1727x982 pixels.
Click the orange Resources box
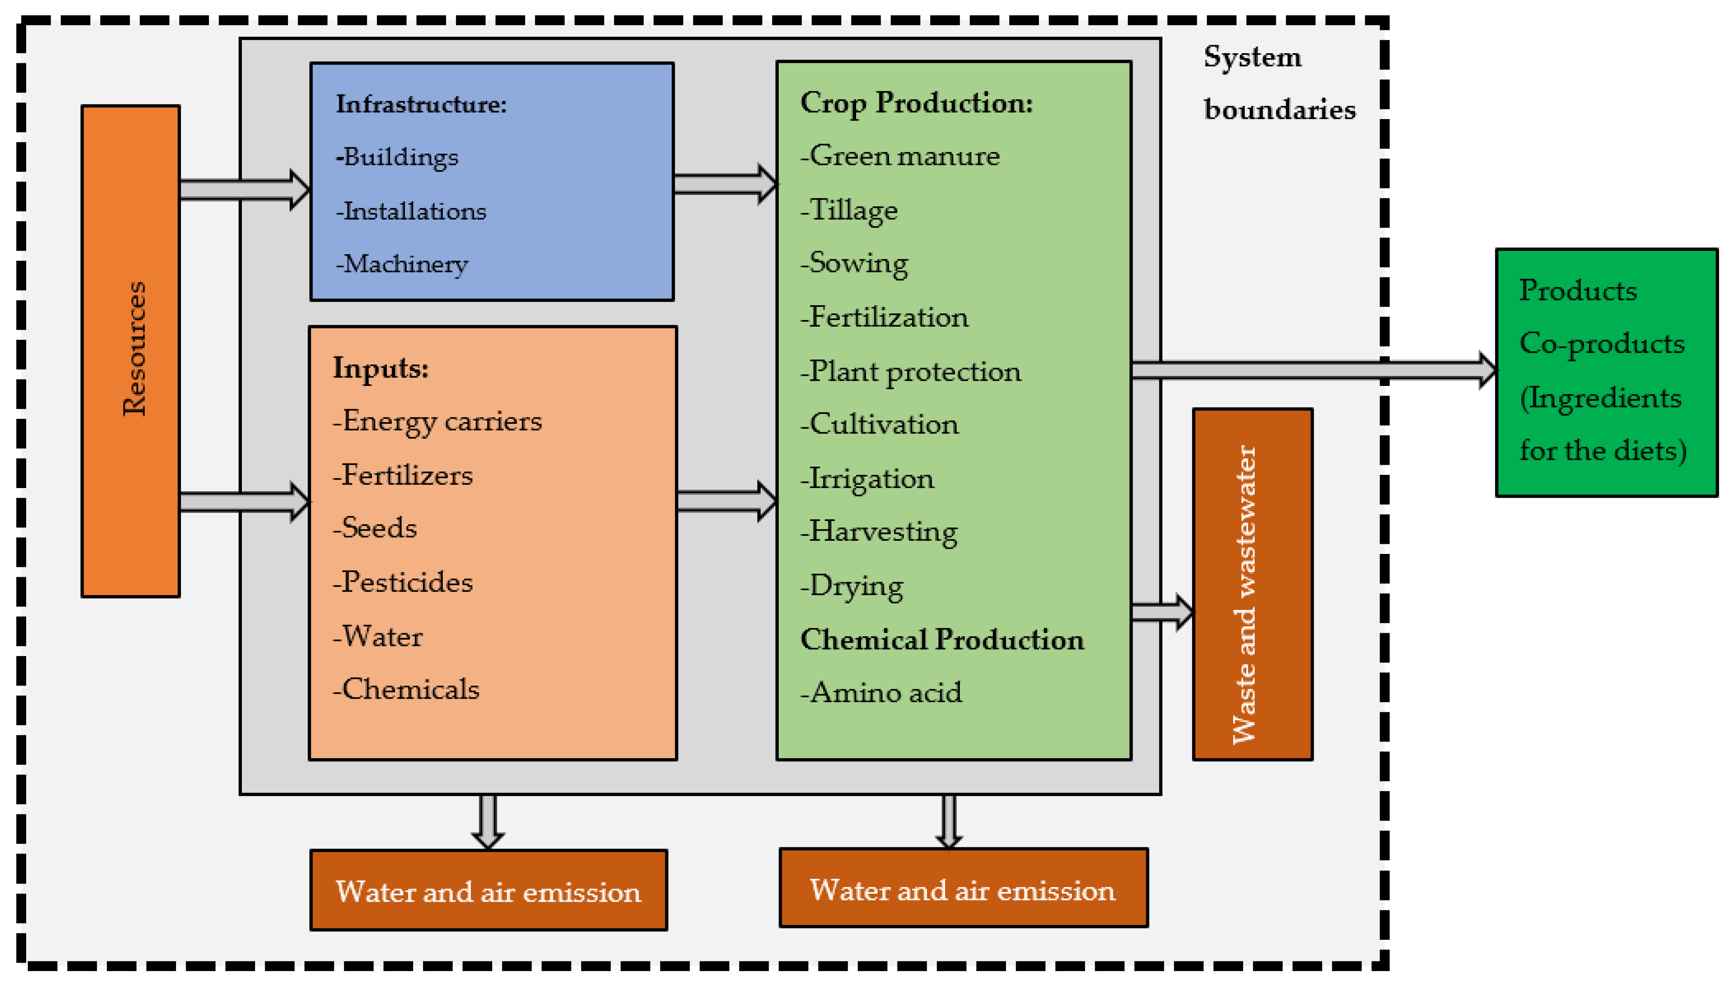pyautogui.click(x=131, y=351)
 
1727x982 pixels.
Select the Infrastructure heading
pyautogui.click(x=421, y=105)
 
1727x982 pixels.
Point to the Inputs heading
pyautogui.click(x=381, y=368)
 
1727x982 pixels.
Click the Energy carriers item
pyautogui.click(x=438, y=421)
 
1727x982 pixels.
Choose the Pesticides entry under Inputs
pyautogui.click(x=403, y=582)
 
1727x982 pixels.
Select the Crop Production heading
pyautogui.click(x=916, y=103)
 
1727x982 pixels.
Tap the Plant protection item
pyautogui.click(x=911, y=372)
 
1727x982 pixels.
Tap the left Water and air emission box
pyautogui.click(x=488, y=890)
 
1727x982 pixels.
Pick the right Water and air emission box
pyautogui.click(x=962, y=889)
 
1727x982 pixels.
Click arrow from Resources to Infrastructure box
pyautogui.click(x=243, y=190)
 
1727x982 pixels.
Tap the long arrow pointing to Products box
pyautogui.click(x=1308, y=369)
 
